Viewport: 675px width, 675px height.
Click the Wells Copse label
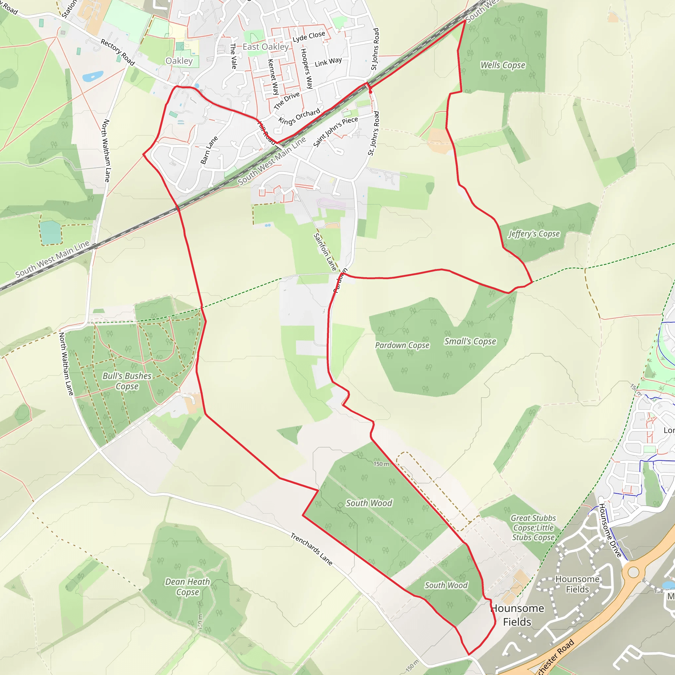(x=503, y=65)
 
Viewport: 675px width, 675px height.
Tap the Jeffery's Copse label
(x=534, y=234)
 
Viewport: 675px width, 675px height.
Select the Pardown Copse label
(x=402, y=345)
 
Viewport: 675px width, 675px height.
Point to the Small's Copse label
(x=470, y=341)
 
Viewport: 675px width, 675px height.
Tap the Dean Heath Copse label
(x=188, y=587)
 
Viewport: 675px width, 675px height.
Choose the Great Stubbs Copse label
(x=533, y=528)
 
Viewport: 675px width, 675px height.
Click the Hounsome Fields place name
(x=517, y=615)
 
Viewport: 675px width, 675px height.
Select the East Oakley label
(x=266, y=47)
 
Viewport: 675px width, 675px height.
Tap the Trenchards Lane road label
(x=311, y=549)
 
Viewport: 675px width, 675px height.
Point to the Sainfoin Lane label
(x=325, y=252)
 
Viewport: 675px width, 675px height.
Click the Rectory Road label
(x=118, y=52)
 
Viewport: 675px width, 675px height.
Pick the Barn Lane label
(x=209, y=150)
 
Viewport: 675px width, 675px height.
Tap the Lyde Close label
(x=309, y=36)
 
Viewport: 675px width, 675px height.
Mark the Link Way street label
(x=328, y=62)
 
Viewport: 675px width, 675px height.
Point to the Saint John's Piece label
(x=336, y=132)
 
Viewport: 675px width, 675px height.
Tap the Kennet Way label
(x=273, y=77)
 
